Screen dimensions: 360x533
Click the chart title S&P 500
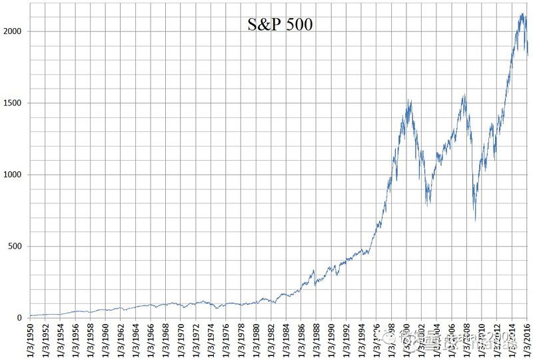tap(280, 25)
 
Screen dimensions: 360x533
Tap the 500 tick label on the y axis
tap(16, 247)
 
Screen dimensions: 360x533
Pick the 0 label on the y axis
tap(21, 318)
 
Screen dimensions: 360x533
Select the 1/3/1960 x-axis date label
tap(106, 340)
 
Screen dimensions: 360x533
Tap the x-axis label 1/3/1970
tap(181, 340)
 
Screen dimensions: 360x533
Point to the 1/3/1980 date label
tap(257, 340)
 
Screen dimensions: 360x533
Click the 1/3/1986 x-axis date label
tap(302, 340)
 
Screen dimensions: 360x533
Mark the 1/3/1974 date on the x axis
tap(211, 340)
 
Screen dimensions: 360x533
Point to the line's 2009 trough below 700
tap(475, 220)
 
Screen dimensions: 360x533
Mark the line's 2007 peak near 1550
tap(464, 95)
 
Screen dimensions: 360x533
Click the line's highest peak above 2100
tap(521, 13)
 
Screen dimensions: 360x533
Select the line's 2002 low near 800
tap(428, 205)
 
